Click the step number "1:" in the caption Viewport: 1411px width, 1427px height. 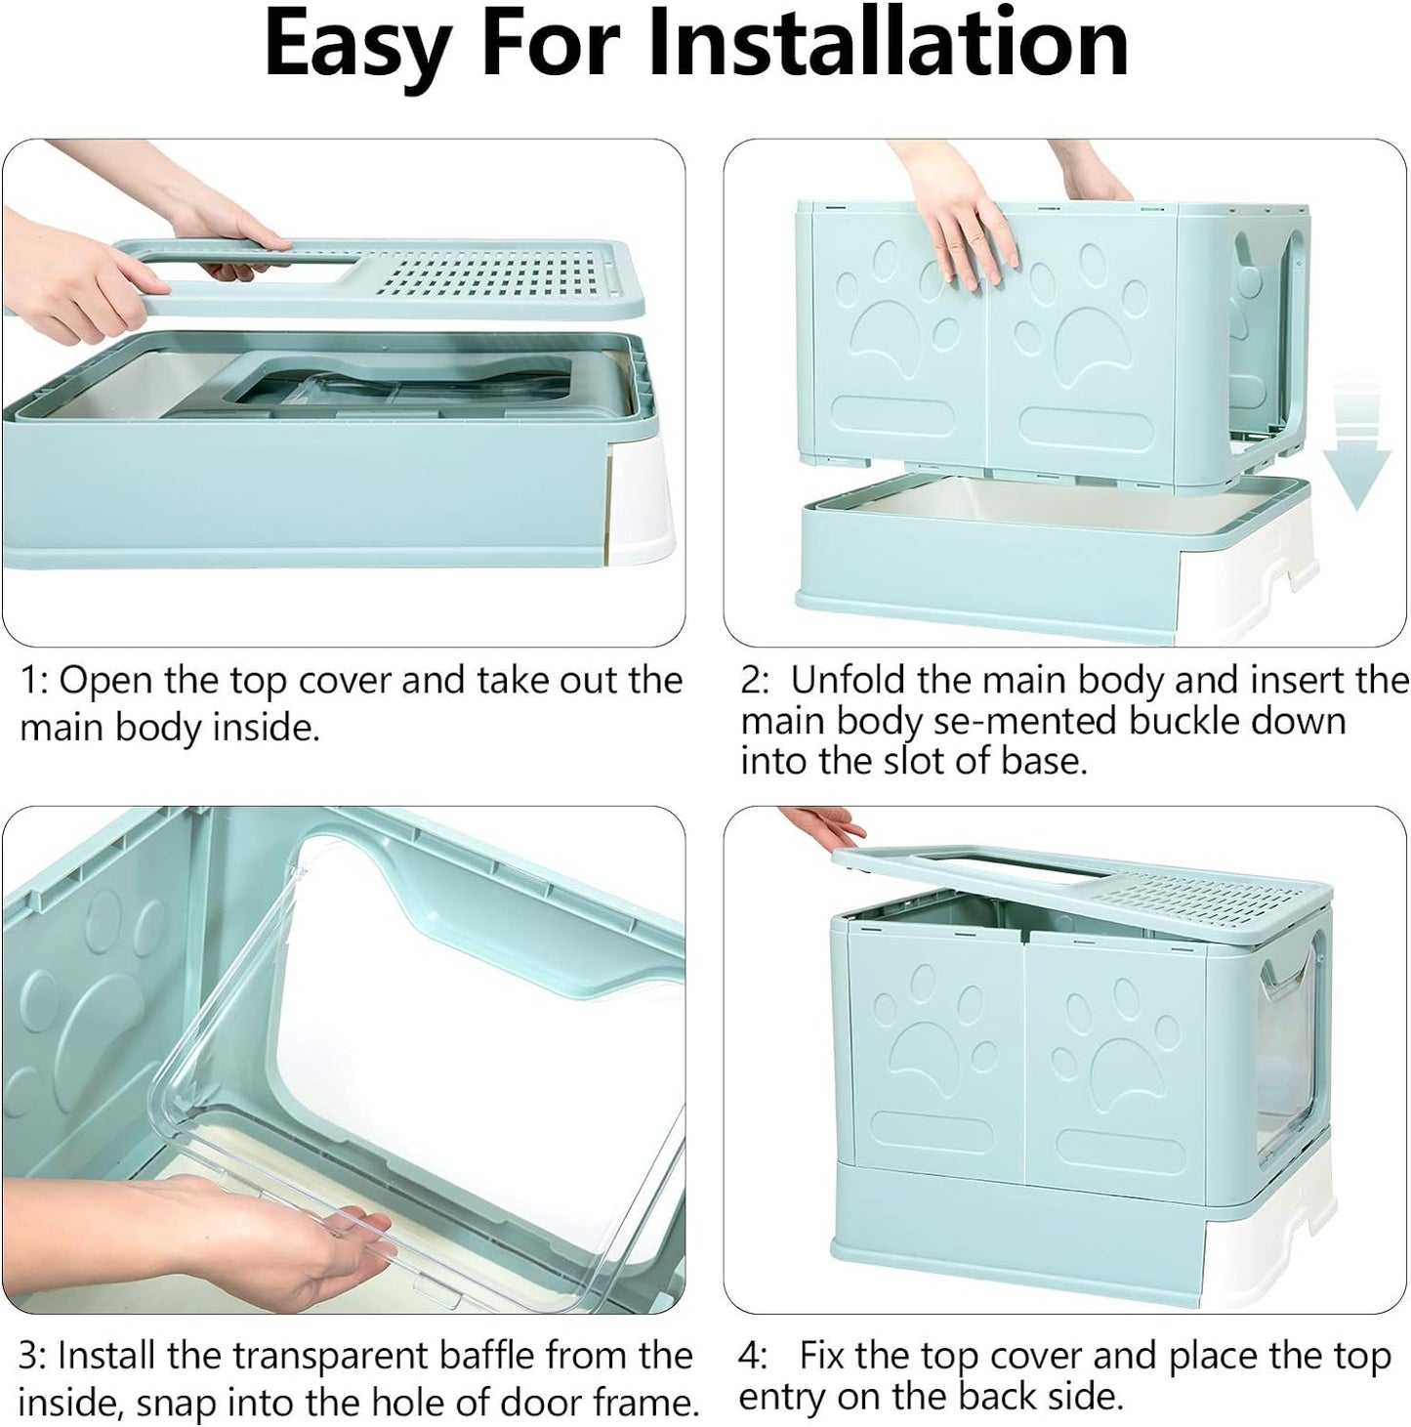[x=34, y=679]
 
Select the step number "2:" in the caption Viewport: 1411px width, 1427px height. [x=756, y=679]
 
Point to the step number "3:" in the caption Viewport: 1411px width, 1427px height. [x=34, y=1355]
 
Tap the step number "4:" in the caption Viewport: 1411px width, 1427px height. [x=754, y=1355]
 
